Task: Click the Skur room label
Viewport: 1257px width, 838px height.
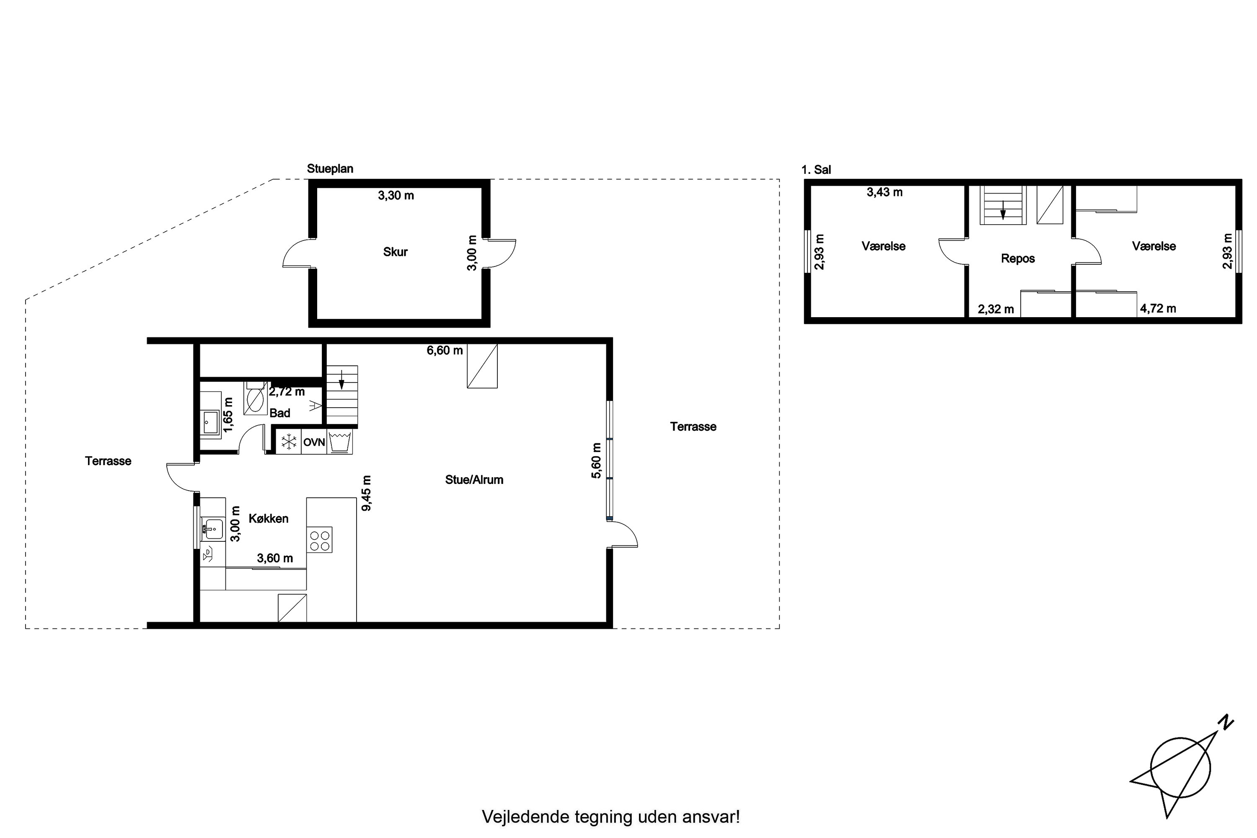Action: point(396,252)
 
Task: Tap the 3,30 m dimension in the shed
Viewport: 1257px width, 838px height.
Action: point(396,196)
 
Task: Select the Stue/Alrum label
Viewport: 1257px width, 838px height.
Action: point(474,480)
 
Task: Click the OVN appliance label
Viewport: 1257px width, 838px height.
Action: point(314,442)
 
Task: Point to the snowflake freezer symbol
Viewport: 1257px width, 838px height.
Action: point(289,442)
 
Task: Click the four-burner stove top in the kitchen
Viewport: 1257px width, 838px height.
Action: point(320,540)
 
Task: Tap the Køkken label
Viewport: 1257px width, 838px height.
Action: point(269,518)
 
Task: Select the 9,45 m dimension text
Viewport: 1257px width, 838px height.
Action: point(367,493)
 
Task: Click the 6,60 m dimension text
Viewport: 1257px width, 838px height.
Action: point(445,351)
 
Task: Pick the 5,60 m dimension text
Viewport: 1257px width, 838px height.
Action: point(596,460)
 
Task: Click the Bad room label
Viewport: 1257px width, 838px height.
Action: point(280,413)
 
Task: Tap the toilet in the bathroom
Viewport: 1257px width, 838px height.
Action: point(256,398)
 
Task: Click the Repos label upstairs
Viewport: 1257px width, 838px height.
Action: point(1018,259)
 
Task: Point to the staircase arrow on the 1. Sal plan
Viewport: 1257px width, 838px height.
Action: point(1003,211)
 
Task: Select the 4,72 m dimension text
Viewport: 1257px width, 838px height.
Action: point(1158,308)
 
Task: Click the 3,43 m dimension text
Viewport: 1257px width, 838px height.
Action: point(885,192)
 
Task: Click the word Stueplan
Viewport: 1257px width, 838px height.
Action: point(330,169)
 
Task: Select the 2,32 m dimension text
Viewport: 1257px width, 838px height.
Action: point(996,309)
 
